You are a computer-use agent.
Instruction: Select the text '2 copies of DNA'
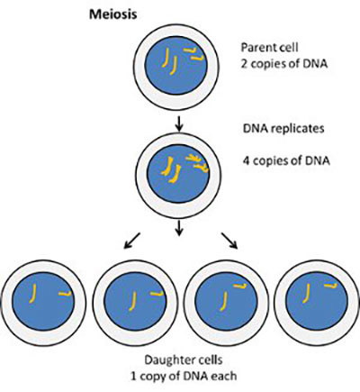(x=284, y=64)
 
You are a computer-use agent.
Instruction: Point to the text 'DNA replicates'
(x=281, y=129)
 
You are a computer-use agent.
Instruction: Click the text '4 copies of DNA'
(x=284, y=162)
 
